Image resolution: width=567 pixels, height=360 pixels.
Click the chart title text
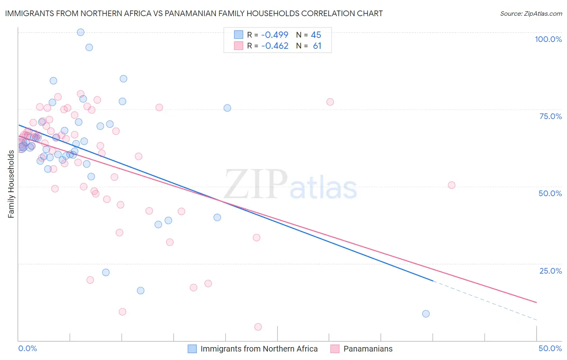(x=194, y=13)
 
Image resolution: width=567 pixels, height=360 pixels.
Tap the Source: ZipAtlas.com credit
(x=531, y=13)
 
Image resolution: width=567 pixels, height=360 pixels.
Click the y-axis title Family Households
(x=11, y=184)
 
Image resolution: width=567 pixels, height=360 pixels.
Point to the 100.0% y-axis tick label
(x=548, y=39)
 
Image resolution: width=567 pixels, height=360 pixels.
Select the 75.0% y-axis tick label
(x=550, y=116)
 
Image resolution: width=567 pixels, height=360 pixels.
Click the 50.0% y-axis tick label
(x=550, y=193)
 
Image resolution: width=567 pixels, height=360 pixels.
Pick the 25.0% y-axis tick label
(x=550, y=271)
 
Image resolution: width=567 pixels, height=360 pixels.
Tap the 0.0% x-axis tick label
(x=27, y=348)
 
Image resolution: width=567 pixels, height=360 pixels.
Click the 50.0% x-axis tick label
(x=550, y=348)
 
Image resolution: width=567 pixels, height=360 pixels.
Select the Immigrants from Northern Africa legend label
(x=259, y=349)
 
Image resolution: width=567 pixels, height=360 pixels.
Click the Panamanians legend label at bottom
(x=368, y=349)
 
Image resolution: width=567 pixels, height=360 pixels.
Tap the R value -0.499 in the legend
(x=275, y=35)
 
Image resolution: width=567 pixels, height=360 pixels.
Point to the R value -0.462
(x=275, y=46)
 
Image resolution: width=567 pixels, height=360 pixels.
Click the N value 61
(x=317, y=46)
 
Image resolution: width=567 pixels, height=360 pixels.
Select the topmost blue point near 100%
(x=81, y=32)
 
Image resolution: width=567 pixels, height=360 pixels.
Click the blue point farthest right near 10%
(x=426, y=314)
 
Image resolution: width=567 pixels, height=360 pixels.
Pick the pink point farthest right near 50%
(x=452, y=185)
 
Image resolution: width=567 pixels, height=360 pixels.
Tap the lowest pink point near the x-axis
(x=258, y=327)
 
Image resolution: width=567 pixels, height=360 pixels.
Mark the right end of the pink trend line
(x=536, y=302)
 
